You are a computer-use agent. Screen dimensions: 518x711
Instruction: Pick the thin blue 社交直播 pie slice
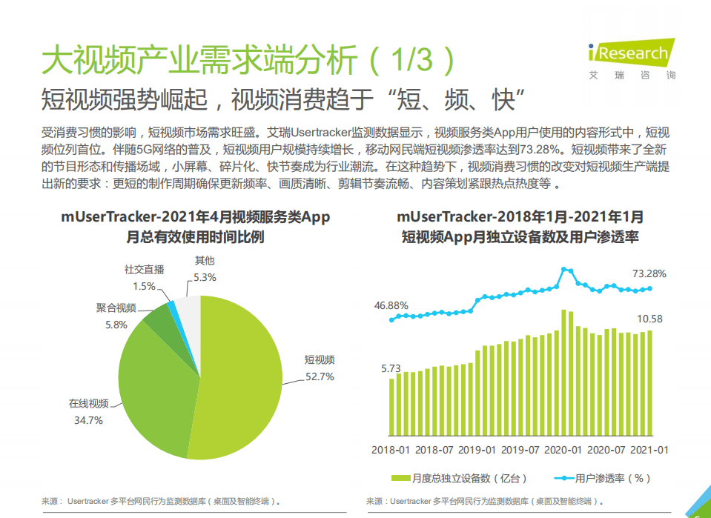pyautogui.click(x=172, y=305)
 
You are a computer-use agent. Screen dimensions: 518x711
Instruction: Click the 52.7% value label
pyautogui.click(x=320, y=376)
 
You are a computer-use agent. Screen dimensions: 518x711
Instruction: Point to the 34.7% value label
pyautogui.click(x=87, y=420)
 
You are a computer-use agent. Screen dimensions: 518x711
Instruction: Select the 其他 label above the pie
pyautogui.click(x=204, y=260)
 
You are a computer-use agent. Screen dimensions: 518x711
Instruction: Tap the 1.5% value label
pyautogui.click(x=144, y=286)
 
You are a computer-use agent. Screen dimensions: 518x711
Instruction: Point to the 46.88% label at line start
pyautogui.click(x=391, y=305)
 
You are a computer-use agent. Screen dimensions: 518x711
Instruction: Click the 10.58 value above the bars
pyautogui.click(x=649, y=319)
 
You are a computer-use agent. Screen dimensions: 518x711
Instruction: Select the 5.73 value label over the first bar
pyautogui.click(x=391, y=368)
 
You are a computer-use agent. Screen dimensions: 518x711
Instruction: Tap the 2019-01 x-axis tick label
pyautogui.click(x=477, y=450)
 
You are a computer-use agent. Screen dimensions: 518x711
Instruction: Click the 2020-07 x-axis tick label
pyautogui.click(x=606, y=450)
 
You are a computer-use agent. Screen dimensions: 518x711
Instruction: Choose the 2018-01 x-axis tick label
pyautogui.click(x=391, y=450)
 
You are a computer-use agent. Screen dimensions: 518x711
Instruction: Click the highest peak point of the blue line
pyautogui.click(x=565, y=270)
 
